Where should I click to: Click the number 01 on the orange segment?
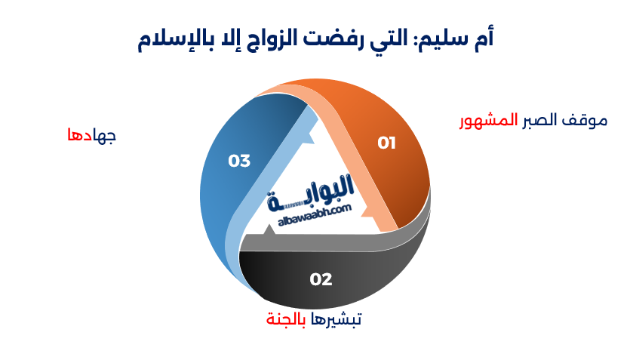[386, 142]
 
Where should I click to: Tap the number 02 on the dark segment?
[321, 279]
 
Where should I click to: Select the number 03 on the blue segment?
[239, 161]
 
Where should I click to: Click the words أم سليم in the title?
[461, 39]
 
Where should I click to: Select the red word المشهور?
[489, 121]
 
